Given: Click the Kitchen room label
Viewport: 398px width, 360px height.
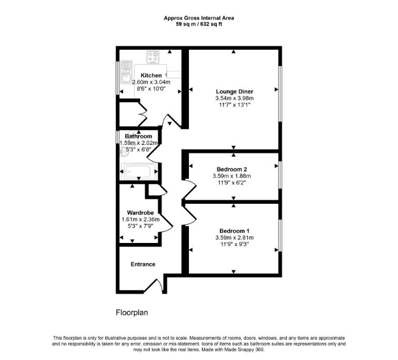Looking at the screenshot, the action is [x=151, y=75].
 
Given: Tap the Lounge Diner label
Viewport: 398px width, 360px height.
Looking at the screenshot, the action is [x=235, y=91].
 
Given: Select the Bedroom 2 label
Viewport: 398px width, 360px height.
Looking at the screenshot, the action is [x=232, y=169].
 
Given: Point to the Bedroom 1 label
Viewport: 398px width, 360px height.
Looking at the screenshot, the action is [x=234, y=231].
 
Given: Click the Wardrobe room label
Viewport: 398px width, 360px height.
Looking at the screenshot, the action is [x=140, y=213].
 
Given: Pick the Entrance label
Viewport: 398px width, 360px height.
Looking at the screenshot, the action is [x=143, y=264].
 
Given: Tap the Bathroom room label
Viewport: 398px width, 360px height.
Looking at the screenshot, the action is [x=138, y=136].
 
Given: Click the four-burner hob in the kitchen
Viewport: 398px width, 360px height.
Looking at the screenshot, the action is [x=153, y=58].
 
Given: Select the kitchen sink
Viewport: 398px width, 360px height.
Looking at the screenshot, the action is [x=126, y=72].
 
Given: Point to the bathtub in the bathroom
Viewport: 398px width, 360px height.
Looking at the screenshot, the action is [x=138, y=171].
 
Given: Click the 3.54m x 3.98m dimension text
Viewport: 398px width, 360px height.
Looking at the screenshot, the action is [x=235, y=98].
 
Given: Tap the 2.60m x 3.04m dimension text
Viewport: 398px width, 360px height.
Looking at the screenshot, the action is [x=151, y=82].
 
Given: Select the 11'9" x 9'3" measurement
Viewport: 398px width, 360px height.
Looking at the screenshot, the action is [x=235, y=244].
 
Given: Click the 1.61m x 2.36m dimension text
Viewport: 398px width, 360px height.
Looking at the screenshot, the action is [x=141, y=219].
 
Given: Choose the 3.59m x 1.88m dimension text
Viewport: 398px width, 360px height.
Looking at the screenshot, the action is [x=232, y=176].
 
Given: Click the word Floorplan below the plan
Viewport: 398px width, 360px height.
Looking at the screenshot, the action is [x=132, y=312].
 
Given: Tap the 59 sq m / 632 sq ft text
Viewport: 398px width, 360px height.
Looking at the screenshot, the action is [x=199, y=24].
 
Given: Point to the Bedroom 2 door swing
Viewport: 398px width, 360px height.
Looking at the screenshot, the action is [x=189, y=189].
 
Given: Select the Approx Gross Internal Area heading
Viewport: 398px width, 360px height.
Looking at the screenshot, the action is [x=199, y=18].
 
